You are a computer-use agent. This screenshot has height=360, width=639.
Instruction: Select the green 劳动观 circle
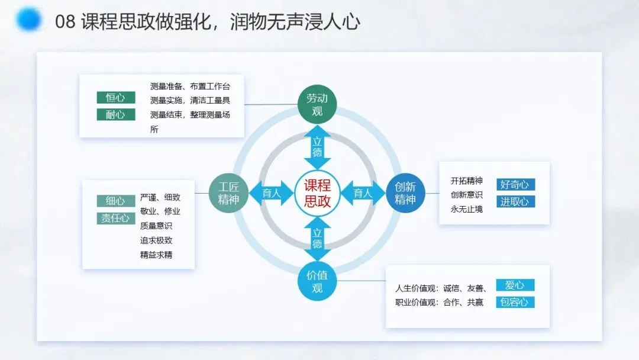318,104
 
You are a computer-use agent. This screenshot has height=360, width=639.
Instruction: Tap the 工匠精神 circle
228,193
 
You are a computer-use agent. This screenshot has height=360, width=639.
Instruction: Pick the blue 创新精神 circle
405,193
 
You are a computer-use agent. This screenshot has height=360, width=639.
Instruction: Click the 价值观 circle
318,282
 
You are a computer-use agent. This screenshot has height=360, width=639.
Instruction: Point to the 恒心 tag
115,98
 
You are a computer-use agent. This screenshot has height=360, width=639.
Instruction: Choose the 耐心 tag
115,114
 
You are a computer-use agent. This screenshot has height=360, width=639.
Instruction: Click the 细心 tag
115,201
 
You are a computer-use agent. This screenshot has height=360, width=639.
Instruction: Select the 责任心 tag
115,218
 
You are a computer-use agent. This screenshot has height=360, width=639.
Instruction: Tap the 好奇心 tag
515,185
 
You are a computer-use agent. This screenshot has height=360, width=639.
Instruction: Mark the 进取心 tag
515,201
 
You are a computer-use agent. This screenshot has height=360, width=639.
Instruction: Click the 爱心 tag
515,285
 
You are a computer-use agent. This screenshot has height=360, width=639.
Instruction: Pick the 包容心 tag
515,303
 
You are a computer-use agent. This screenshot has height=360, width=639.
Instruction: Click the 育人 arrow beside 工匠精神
272,193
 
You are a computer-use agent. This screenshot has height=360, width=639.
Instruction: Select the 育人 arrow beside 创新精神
363,193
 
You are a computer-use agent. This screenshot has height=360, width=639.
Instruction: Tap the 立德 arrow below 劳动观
318,147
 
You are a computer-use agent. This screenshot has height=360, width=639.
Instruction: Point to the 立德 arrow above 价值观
318,239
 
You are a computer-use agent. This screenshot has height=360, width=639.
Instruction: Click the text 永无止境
467,209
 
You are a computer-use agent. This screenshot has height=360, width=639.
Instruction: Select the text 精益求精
156,255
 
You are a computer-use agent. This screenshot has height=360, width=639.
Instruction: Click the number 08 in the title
64,22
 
